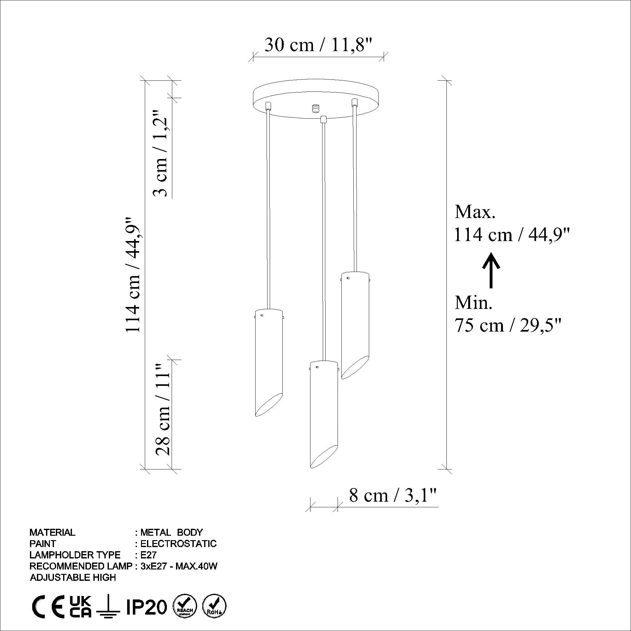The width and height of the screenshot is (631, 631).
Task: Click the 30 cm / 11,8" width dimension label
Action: coord(318,45)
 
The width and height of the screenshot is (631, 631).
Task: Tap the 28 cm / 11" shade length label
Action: coord(162,410)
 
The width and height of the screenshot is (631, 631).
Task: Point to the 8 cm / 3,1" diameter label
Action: coord(393,496)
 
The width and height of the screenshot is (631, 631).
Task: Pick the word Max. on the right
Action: coord(475,212)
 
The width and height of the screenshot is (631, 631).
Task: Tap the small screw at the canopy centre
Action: coord(315,108)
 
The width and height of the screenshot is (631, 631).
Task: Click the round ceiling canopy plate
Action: coord(316,98)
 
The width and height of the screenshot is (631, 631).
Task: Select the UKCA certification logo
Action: coord(81,607)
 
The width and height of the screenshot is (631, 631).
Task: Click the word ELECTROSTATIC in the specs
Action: coord(178,544)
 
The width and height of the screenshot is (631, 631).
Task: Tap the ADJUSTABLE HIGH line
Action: coord(73,578)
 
